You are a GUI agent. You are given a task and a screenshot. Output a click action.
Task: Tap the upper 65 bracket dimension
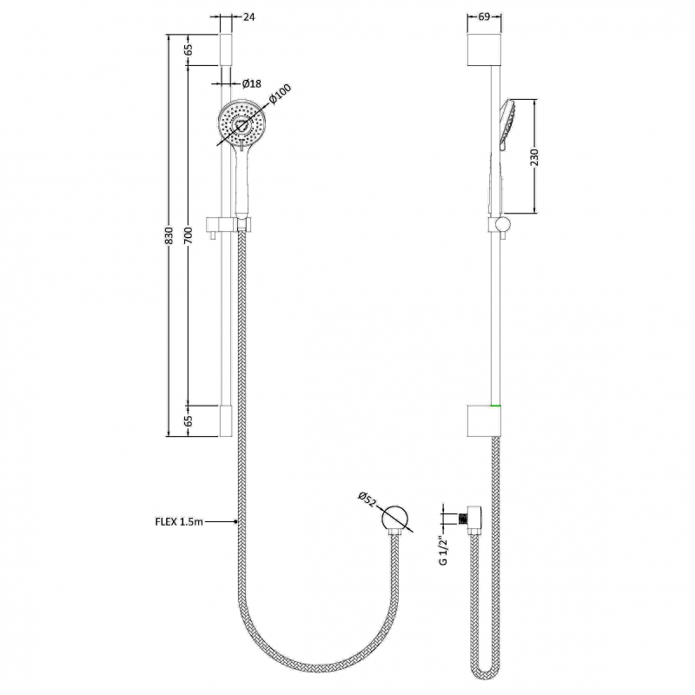coord(189,50)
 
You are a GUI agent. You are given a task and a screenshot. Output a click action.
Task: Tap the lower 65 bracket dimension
coord(189,420)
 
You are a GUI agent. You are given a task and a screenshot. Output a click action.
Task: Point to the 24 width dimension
coord(249,17)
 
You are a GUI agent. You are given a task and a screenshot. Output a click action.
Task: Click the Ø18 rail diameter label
coord(252,83)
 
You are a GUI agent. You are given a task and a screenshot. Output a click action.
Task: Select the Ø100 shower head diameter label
coord(280,95)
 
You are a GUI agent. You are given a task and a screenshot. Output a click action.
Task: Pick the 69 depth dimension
coord(484,17)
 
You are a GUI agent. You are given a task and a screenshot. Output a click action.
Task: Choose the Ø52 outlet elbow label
coord(367,499)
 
